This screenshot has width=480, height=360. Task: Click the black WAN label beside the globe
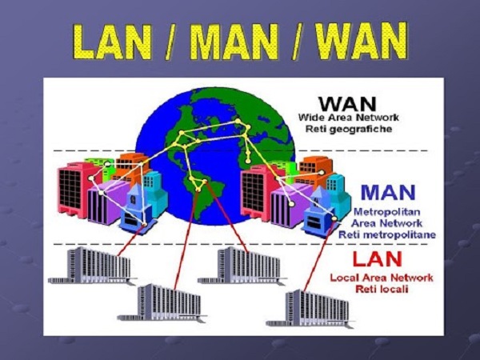point(347,104)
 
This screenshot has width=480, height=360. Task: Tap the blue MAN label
point(388,192)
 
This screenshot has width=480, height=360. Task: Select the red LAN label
point(377,259)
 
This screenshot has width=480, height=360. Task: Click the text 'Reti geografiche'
point(349,129)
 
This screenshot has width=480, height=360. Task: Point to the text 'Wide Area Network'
point(349,118)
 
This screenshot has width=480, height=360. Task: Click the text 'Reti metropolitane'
point(387,234)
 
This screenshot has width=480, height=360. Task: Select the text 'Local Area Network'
point(382,278)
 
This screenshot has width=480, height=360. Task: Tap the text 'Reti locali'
point(382,289)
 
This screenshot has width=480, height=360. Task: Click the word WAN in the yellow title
point(362,41)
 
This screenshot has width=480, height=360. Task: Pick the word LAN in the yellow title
point(113,42)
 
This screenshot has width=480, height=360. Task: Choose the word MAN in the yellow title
point(234,42)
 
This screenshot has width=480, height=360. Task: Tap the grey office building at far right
point(310,309)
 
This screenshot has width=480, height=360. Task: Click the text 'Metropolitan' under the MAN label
point(387,211)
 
